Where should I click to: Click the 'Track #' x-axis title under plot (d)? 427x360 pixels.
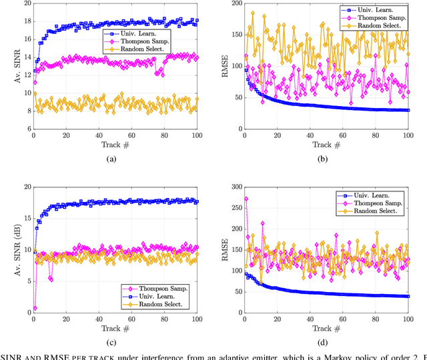(x=327, y=329)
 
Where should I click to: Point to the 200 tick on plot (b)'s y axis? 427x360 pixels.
(x=236, y=3)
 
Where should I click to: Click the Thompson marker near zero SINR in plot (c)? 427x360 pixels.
(x=35, y=309)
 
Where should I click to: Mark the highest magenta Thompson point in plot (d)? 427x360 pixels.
(x=246, y=199)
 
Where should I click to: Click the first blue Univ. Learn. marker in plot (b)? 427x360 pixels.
(x=246, y=69)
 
